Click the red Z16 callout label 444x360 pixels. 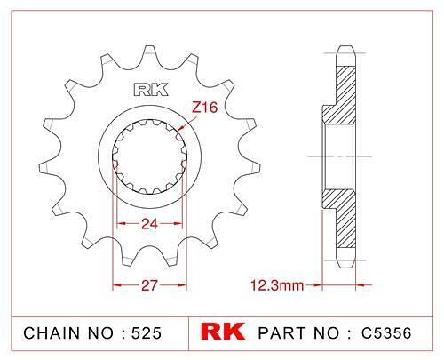[x=204, y=108]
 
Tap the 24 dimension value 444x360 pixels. [x=149, y=224]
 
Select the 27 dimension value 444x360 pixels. [x=149, y=285]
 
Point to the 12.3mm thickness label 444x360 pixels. [x=277, y=285]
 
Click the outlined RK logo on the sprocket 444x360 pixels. [x=151, y=90]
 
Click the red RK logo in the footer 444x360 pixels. [x=223, y=332]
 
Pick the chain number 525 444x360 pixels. [x=147, y=332]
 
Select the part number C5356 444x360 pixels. [x=386, y=332]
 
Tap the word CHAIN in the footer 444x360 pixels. [x=52, y=332]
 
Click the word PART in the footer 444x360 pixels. [x=282, y=332]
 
